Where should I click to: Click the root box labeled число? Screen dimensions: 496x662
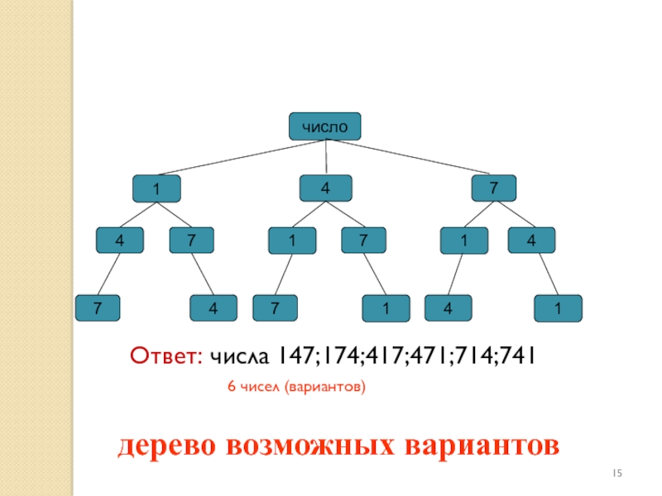324,126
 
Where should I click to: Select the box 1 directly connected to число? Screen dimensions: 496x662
156,189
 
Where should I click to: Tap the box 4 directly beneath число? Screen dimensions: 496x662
326,188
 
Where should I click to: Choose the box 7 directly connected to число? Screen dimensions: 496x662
494,188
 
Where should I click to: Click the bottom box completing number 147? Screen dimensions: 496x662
98,308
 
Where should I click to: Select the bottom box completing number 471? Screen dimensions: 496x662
386,308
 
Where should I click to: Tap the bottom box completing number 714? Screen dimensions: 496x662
447,308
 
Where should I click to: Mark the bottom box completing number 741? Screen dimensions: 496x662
559,308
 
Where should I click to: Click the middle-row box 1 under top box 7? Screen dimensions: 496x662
463,241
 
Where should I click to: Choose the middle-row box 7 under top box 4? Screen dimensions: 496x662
363,241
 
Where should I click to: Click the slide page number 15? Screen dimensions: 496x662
617,472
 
